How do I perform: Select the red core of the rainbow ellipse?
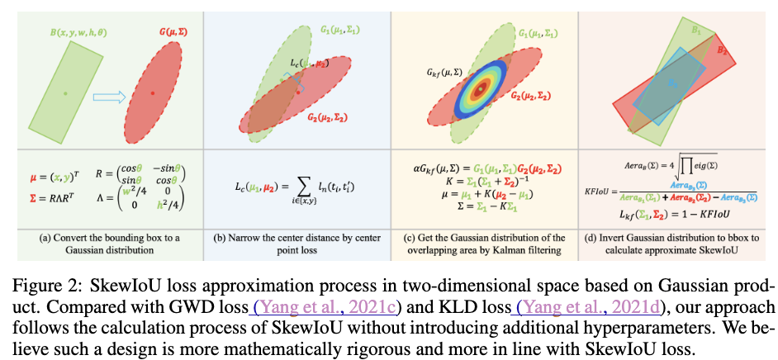coord(480,87)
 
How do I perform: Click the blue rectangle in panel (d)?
coord(674,83)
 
